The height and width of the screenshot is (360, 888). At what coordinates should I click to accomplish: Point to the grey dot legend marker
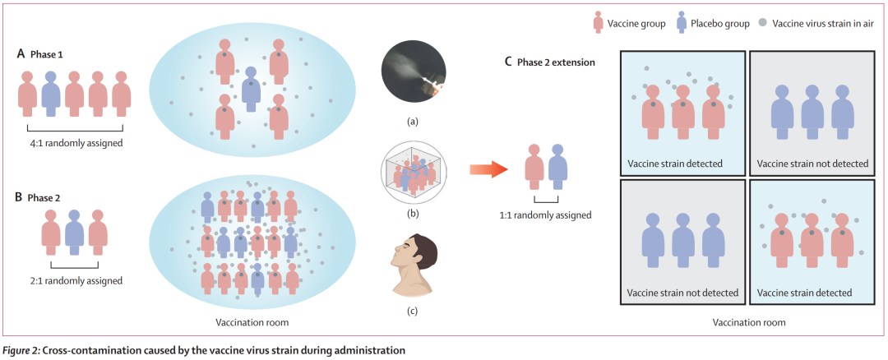point(764,23)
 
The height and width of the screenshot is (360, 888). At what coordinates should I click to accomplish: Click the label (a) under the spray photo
point(413,122)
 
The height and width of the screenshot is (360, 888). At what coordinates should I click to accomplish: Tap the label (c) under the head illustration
point(413,310)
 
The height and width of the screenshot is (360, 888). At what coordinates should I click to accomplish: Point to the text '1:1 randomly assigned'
point(546,215)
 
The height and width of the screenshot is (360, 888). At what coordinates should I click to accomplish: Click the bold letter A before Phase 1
point(21,53)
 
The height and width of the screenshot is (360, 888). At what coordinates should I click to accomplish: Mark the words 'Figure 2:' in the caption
point(21,350)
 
